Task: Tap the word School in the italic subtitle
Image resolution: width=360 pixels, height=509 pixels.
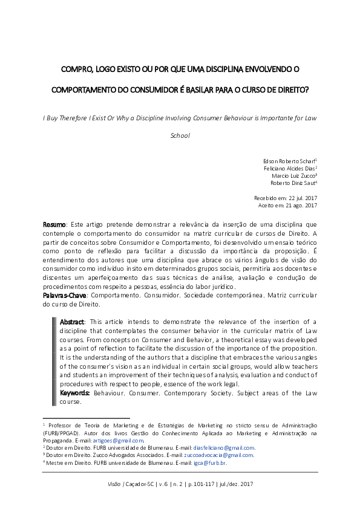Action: point(180,135)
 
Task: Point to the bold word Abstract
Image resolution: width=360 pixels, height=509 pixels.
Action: point(72,321)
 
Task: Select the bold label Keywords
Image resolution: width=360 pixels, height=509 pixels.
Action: point(75,392)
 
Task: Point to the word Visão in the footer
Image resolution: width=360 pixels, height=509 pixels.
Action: point(114,485)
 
